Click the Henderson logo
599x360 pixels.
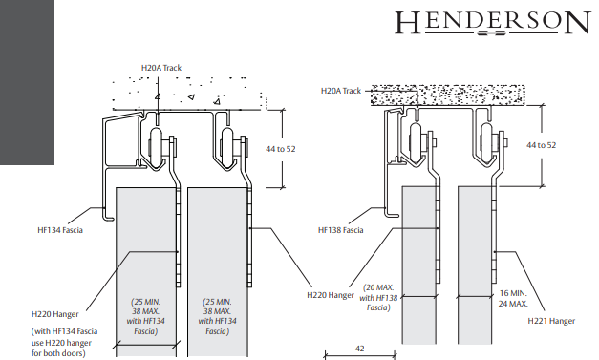click(492, 23)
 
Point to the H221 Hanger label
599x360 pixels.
click(552, 321)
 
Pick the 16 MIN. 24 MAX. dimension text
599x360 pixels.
click(512, 298)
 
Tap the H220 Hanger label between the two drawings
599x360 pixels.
click(329, 295)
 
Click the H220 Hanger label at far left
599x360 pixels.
click(55, 312)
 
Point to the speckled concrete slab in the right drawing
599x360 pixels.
click(449, 95)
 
